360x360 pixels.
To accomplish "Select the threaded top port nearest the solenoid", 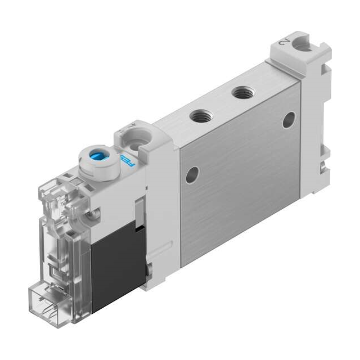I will click(x=201, y=116).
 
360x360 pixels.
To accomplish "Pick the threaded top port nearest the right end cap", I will click(x=243, y=92).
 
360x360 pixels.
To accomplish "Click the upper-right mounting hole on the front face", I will click(x=289, y=119).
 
